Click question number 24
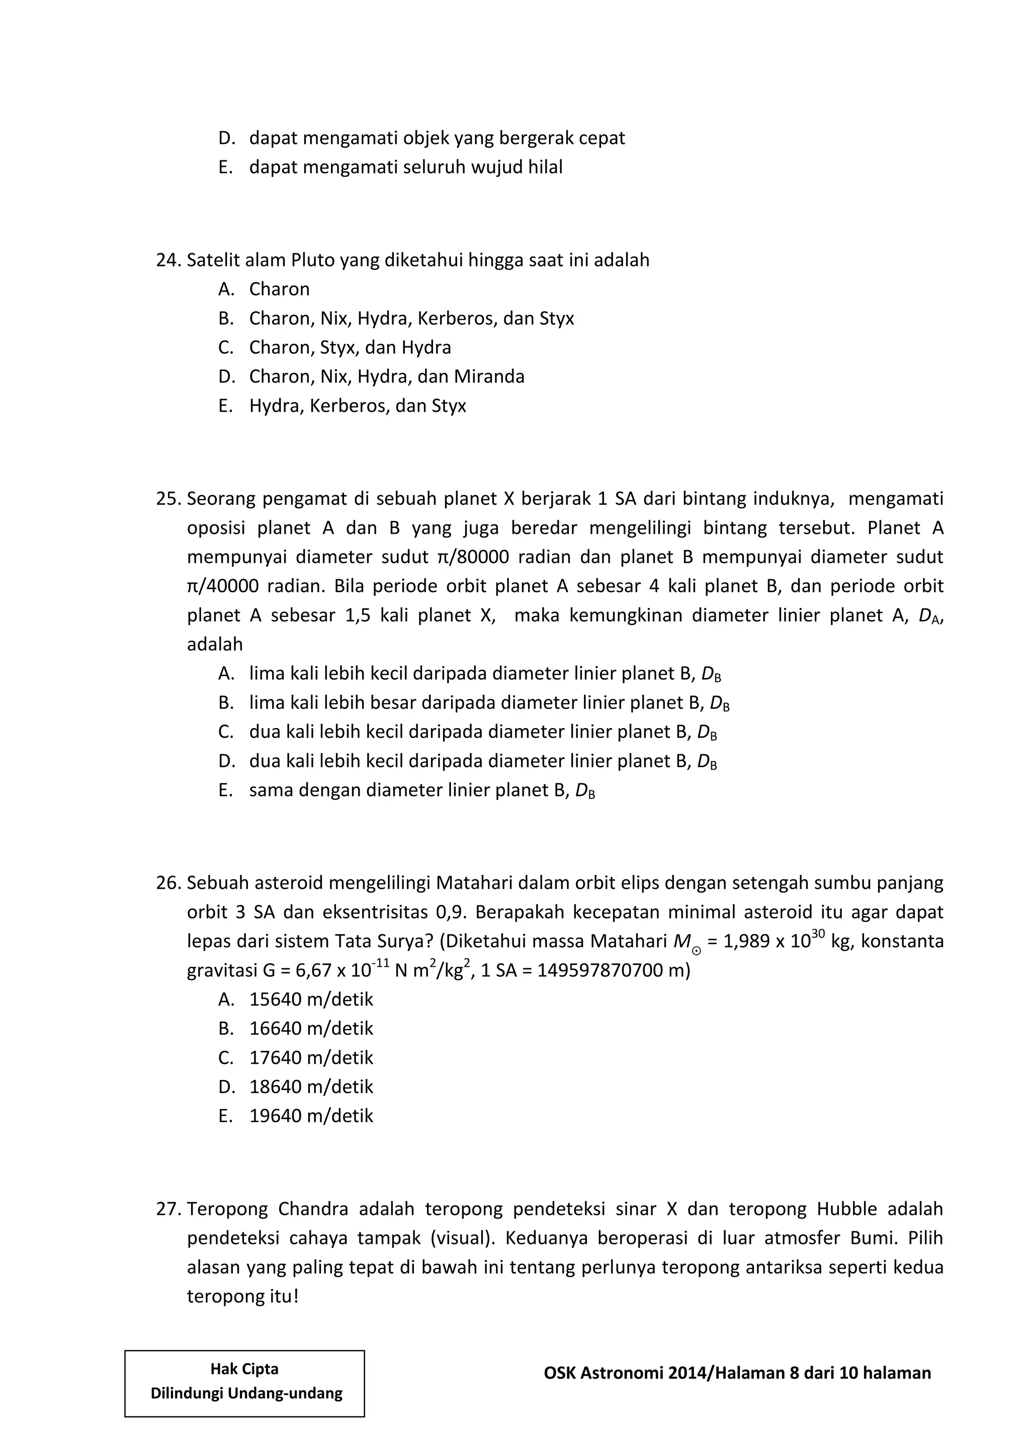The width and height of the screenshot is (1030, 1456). coord(168,260)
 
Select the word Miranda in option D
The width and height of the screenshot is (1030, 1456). coord(489,377)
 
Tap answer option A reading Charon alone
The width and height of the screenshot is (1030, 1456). coord(279,289)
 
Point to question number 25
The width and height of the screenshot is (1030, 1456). coord(168,499)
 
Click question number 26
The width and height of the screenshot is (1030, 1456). coord(168,883)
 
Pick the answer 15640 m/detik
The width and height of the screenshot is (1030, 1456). coord(311,1000)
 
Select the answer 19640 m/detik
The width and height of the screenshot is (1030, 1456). coord(311,1116)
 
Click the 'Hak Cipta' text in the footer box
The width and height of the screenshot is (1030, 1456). coord(244,1369)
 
